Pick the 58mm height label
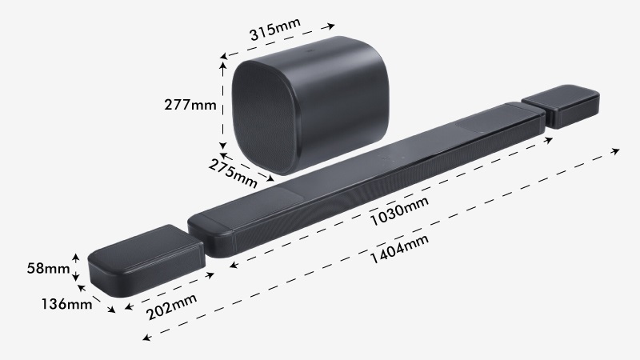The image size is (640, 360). [47, 268]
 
